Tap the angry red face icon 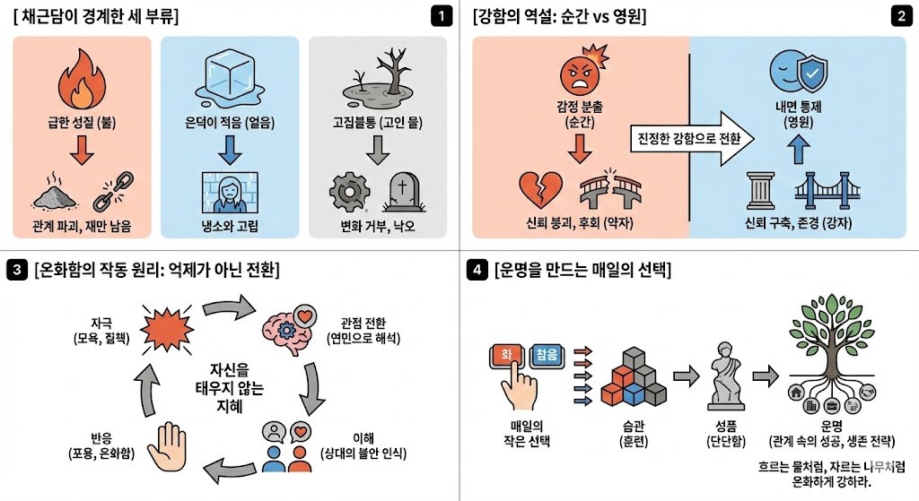580,78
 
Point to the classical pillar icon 761,190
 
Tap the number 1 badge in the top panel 441,15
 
